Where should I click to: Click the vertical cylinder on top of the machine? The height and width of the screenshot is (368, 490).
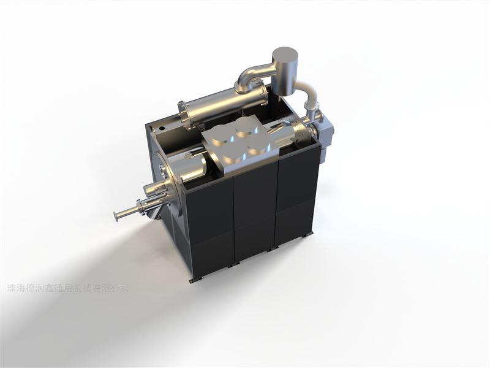tap(284, 71)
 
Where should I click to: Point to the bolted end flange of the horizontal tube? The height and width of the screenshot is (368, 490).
tap(184, 116)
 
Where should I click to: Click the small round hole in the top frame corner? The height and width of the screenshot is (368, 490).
tap(162, 128)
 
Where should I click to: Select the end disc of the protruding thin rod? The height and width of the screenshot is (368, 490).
tap(116, 217)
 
